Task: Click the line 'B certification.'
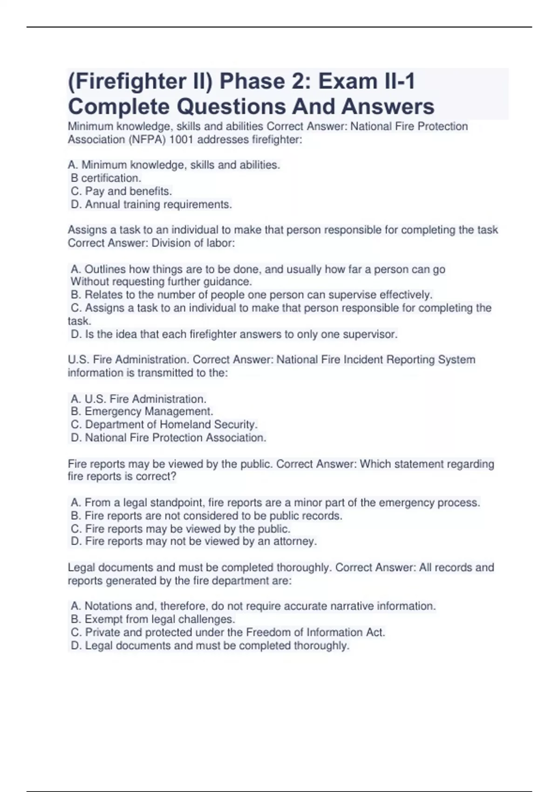tap(106, 178)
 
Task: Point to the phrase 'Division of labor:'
tap(193, 243)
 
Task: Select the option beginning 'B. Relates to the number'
tap(252, 295)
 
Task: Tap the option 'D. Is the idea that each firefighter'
tap(234, 335)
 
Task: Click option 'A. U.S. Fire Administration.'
tap(138, 399)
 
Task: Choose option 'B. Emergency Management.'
tap(142, 412)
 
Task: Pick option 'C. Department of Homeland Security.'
tap(164, 425)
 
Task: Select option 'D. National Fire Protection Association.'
tap(168, 438)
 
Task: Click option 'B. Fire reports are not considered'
tap(206, 516)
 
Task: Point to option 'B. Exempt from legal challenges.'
tap(153, 620)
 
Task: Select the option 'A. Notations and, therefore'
tap(253, 606)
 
